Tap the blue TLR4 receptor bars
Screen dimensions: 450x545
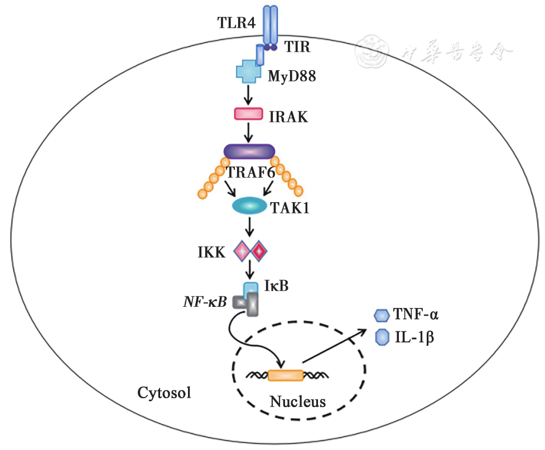coord(269,25)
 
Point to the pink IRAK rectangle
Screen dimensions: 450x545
coord(248,114)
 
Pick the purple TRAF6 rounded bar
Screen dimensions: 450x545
coord(249,151)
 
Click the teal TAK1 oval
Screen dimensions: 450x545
coord(249,207)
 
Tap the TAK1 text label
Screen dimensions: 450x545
coord(291,209)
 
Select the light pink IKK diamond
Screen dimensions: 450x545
coord(242,251)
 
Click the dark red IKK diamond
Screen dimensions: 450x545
coord(259,251)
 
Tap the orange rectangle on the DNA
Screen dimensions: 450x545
coord(285,375)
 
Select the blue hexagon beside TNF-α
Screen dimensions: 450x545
coord(381,316)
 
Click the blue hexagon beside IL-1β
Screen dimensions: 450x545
coord(382,336)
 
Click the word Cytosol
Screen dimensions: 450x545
coord(164,393)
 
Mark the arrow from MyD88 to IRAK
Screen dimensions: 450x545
coord(248,95)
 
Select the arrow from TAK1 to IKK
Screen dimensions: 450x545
coord(249,227)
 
